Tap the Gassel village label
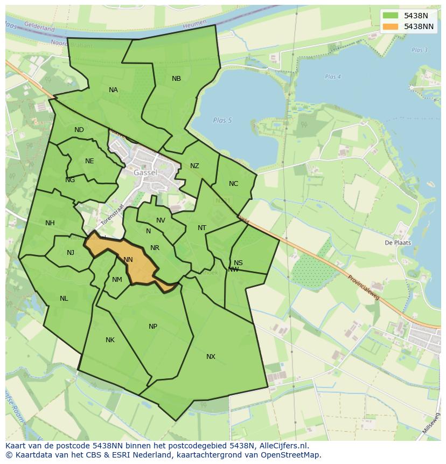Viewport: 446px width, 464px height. [x=145, y=173]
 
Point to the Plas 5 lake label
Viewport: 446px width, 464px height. [x=222, y=120]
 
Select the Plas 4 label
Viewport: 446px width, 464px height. [x=333, y=77]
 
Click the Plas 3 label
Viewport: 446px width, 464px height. [x=419, y=50]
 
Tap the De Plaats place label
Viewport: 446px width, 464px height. [x=398, y=243]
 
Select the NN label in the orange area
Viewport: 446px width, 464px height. [x=128, y=260]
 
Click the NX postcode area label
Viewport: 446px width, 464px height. [x=211, y=357]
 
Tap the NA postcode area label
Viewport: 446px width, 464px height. [x=113, y=90]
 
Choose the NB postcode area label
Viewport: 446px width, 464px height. [x=176, y=79]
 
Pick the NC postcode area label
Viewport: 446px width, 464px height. [x=233, y=184]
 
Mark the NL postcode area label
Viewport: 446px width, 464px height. [x=64, y=299]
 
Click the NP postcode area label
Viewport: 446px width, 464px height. [x=153, y=327]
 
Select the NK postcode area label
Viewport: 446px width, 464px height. [x=110, y=340]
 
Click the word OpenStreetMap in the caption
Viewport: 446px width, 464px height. [x=293, y=455]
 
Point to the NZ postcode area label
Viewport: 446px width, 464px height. [x=194, y=166]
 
